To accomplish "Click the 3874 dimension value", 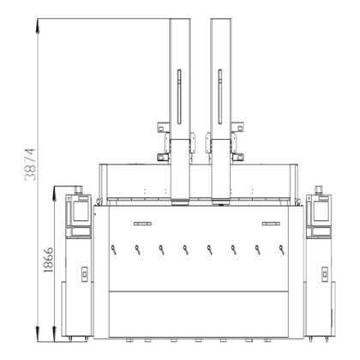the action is pyautogui.click(x=30, y=165).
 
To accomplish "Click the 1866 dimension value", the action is pyautogui.click(x=48, y=260).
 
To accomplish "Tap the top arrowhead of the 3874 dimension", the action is pyautogui.click(x=38, y=27).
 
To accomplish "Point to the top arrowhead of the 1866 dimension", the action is pyautogui.click(x=54, y=194).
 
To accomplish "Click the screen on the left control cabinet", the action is pyautogui.click(x=81, y=211).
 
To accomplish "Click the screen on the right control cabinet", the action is pyautogui.click(x=321, y=211).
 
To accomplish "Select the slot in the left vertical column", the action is pyautogui.click(x=179, y=97).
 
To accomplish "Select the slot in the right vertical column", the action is pyautogui.click(x=220, y=97).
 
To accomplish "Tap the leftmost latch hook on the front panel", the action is pyautogui.click(x=114, y=249).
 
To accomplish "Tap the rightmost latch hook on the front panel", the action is pyautogui.click(x=282, y=249).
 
